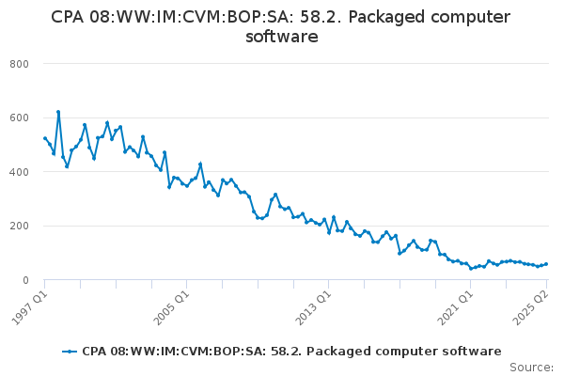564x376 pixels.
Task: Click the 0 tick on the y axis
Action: point(27,280)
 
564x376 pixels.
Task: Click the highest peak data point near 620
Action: point(58,112)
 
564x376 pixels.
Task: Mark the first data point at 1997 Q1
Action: point(45,138)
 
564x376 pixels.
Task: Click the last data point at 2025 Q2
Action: point(546,264)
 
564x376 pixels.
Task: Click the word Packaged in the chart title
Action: point(379,17)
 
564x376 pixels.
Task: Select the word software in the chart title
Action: point(281,37)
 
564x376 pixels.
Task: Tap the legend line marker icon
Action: point(70,351)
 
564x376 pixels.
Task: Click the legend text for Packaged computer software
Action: point(291,351)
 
